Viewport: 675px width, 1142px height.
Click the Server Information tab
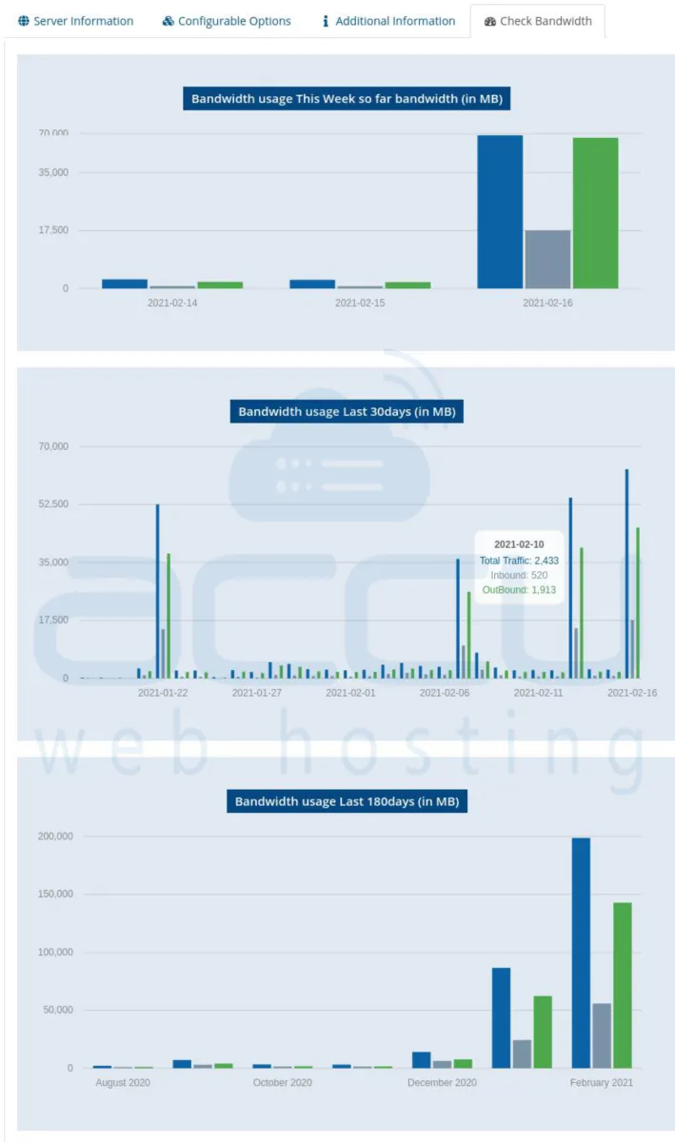(75, 21)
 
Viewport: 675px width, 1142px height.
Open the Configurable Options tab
(227, 21)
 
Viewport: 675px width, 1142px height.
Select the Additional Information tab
(387, 21)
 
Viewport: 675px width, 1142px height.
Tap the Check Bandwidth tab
(538, 21)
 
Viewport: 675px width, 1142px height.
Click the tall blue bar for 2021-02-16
(500, 211)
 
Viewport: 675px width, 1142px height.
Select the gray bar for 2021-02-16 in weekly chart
(547, 259)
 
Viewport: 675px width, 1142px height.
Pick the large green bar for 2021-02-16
(595, 213)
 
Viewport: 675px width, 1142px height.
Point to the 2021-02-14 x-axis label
(172, 303)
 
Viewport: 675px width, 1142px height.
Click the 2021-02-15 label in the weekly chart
(360, 303)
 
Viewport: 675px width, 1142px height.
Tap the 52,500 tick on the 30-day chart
(53, 504)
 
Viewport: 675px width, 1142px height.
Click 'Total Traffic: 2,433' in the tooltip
(519, 561)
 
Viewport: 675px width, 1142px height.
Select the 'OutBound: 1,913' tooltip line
(519, 590)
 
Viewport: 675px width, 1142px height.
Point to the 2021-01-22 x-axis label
(163, 693)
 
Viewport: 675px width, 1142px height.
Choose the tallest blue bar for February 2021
(581, 952)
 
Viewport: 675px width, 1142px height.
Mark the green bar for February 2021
(623, 985)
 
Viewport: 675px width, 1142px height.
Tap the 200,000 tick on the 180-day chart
(51, 837)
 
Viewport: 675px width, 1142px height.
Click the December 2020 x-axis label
(442, 1082)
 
